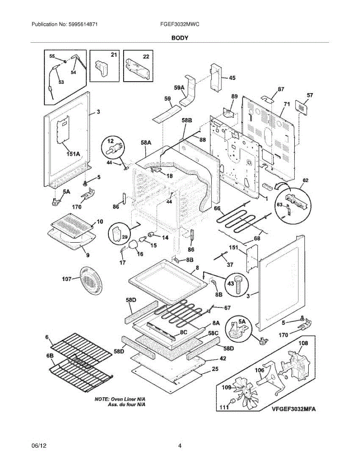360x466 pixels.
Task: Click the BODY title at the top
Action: point(180,38)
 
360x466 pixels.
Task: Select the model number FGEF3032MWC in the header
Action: point(179,24)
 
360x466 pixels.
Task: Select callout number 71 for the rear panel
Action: point(287,104)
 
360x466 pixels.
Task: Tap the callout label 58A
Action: point(146,143)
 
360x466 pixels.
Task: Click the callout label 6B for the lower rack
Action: point(49,355)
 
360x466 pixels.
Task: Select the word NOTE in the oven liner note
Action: point(102,399)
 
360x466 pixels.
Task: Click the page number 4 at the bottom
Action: point(180,446)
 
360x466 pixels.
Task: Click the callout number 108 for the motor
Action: point(303,343)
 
